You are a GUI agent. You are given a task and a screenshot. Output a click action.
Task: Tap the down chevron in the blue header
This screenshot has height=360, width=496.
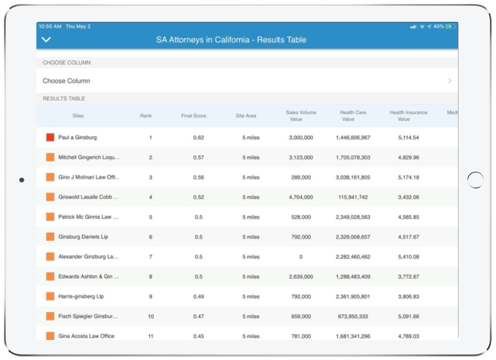[47, 40]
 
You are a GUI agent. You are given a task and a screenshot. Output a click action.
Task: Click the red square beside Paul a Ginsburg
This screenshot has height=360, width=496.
[50, 137]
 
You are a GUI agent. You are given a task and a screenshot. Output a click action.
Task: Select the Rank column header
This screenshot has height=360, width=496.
[146, 116]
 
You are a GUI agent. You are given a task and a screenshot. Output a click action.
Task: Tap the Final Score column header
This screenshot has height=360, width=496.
[194, 116]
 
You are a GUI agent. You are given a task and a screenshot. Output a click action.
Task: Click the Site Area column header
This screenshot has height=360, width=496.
[246, 116]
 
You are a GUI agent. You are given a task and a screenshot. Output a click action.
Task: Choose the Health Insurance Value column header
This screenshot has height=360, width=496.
[408, 115]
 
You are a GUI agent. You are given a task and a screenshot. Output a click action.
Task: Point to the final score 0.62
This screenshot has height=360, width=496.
[198, 137]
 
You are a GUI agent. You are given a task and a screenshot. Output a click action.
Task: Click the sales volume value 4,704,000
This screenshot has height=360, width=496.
[301, 197]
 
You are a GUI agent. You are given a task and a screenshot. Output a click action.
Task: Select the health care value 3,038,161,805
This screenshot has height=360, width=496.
[353, 177]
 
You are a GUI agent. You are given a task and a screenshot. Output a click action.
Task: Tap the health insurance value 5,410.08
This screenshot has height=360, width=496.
[409, 257]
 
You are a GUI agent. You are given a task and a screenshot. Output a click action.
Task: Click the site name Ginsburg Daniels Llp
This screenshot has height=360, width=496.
[83, 237]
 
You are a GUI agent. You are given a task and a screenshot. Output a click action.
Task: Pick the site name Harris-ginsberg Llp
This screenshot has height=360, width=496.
[81, 296]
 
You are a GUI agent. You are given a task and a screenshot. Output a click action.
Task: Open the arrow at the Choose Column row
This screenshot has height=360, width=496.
[450, 81]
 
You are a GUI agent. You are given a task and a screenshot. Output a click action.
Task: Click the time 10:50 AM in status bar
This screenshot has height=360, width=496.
[50, 27]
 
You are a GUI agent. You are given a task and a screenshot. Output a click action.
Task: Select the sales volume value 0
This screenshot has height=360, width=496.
[301, 257]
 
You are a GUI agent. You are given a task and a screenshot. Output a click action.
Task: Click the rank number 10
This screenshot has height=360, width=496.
[151, 316]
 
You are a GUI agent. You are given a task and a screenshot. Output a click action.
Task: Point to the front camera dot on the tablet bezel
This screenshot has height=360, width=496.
[22, 180]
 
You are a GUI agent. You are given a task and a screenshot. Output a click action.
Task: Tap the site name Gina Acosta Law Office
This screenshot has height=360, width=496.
[86, 336]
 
